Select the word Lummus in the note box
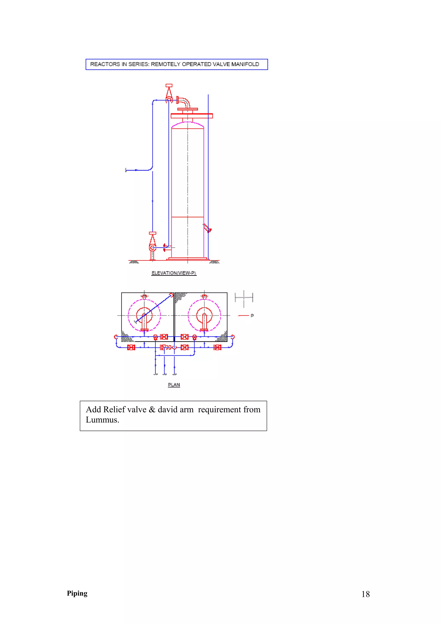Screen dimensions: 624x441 [102, 420]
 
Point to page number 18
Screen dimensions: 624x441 [365, 594]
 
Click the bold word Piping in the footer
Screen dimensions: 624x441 [77, 593]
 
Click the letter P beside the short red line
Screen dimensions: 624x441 [252, 315]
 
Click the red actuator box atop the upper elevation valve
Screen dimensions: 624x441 [169, 85]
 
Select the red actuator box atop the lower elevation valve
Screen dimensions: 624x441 [152, 233]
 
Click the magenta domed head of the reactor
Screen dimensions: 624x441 [188, 125]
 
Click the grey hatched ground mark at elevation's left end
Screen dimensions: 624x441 [134, 262]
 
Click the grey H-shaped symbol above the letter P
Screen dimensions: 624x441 [244, 298]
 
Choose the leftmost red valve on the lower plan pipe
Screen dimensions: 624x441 [131, 347]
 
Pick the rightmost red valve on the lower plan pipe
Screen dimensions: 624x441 [217, 347]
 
